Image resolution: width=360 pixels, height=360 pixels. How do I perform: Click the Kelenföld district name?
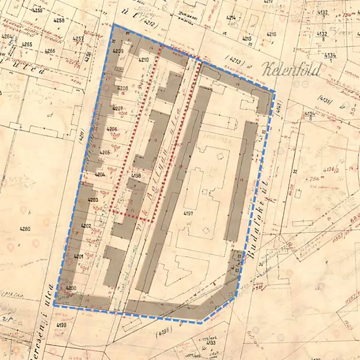[292, 69]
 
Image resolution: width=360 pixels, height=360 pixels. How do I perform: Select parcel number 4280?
[25, 229]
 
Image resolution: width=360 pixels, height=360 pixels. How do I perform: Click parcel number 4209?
[118, 51]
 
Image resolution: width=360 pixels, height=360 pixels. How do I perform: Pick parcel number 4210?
[145, 60]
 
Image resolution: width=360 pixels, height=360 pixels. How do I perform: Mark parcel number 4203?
[93, 200]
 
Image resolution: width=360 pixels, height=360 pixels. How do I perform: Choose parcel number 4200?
[71, 288]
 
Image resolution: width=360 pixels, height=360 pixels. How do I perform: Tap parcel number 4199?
[61, 326]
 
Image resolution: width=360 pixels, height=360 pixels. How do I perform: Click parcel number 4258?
[59, 20]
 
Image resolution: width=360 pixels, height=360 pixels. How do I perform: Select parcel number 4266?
[50, 51]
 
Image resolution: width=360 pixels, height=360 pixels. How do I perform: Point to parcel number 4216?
[271, 34]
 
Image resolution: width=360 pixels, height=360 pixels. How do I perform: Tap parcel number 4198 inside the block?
[137, 176]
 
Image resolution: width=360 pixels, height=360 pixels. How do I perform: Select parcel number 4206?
[112, 129]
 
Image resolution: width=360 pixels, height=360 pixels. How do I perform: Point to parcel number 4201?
[79, 257]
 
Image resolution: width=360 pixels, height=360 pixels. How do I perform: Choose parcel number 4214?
[231, 17]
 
